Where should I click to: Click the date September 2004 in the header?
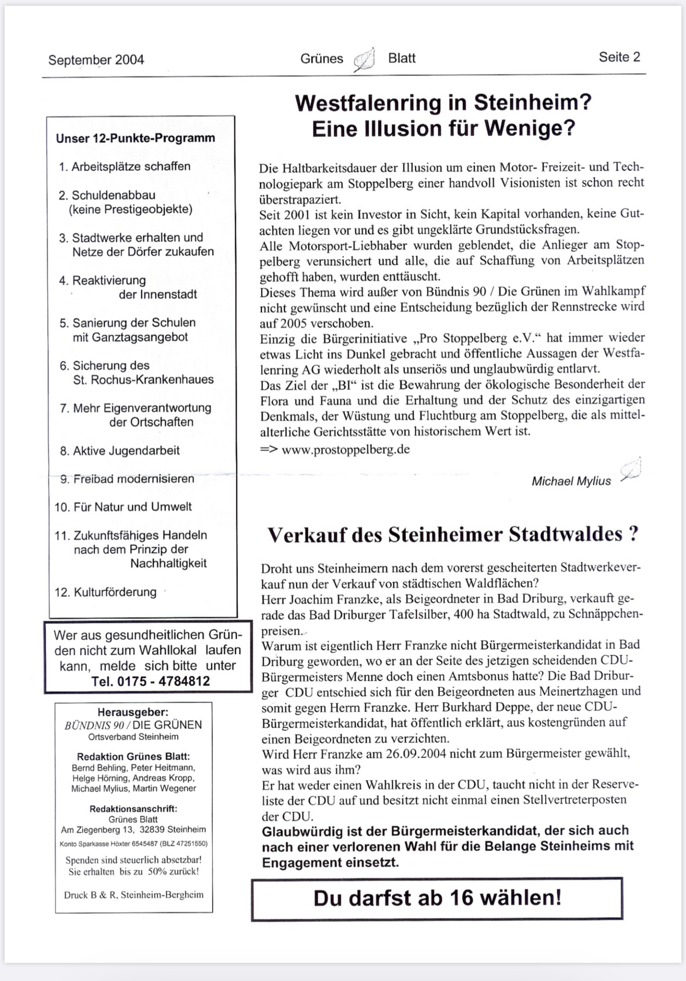[96, 60]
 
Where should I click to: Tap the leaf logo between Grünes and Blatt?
[364, 59]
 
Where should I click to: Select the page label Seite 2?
[619, 57]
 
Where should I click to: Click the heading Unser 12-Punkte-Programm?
[135, 138]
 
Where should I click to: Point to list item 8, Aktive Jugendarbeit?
[120, 451]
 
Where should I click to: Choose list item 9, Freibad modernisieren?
[127, 479]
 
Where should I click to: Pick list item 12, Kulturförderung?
[106, 592]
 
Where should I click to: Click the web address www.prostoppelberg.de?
[345, 449]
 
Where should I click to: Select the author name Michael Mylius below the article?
[571, 481]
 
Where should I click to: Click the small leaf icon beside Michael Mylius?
[631, 470]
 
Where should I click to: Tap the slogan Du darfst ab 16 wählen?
[437, 898]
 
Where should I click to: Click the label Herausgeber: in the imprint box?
[133, 712]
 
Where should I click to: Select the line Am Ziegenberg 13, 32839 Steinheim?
[134, 829]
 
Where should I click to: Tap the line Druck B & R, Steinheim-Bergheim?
[134, 895]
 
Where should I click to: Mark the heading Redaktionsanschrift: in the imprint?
[133, 808]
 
